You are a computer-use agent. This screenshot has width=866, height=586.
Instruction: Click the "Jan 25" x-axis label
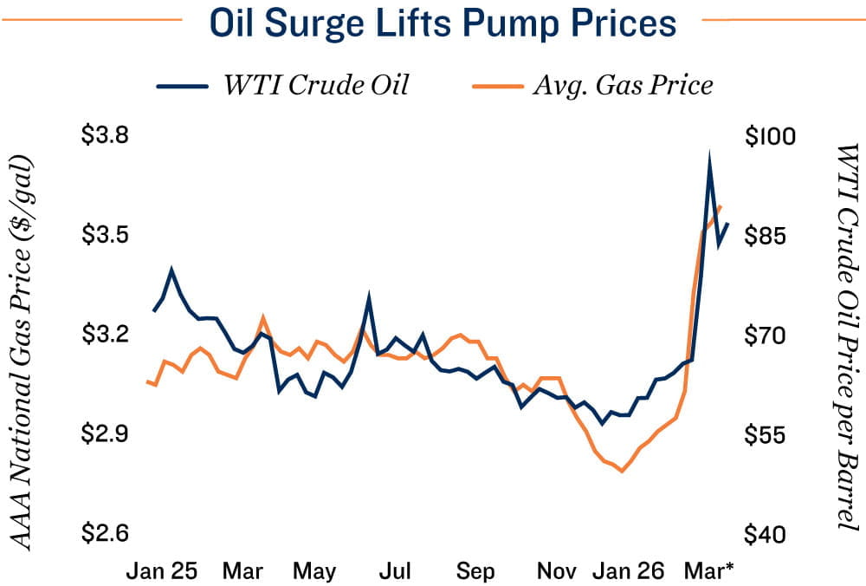click(x=162, y=571)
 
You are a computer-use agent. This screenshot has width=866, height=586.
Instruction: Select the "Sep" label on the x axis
click(x=475, y=571)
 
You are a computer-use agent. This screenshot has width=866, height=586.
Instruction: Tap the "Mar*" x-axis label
click(x=709, y=571)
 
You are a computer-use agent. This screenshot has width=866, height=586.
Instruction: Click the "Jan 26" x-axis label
click(x=630, y=571)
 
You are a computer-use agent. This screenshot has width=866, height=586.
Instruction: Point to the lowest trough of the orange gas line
click(x=622, y=471)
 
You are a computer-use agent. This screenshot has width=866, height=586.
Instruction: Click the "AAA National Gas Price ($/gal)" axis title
click(x=26, y=353)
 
